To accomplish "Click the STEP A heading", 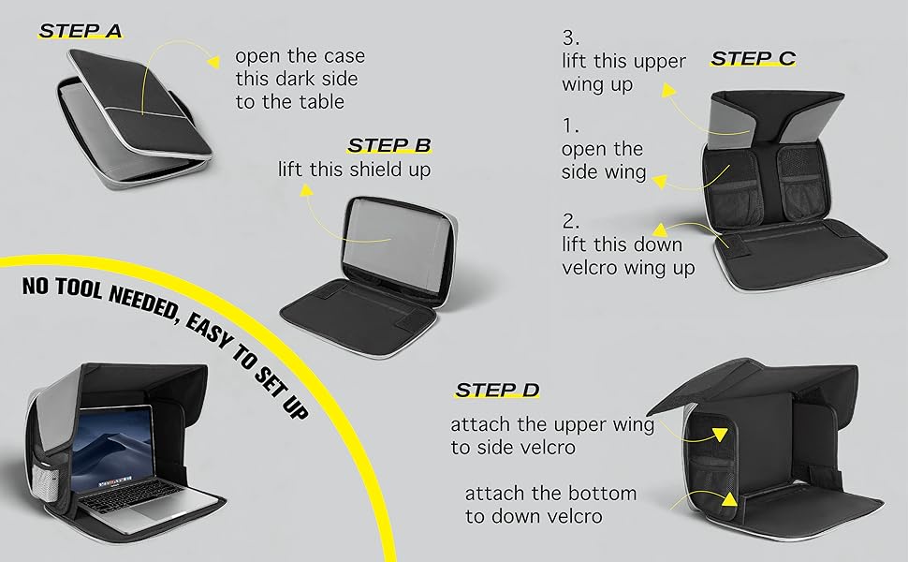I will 80,31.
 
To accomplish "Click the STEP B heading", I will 388,145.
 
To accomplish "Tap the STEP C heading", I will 753,58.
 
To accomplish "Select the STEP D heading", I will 497,390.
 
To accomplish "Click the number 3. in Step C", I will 571,38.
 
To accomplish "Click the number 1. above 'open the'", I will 569,125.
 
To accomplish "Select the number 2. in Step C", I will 570,221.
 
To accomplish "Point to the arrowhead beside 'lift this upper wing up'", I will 668,89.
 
